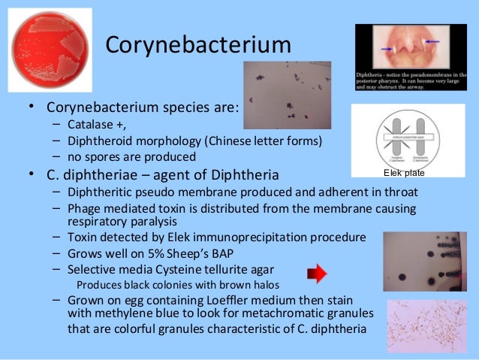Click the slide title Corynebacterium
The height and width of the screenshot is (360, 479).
click(x=197, y=45)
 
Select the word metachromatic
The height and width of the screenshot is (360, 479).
click(x=280, y=316)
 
